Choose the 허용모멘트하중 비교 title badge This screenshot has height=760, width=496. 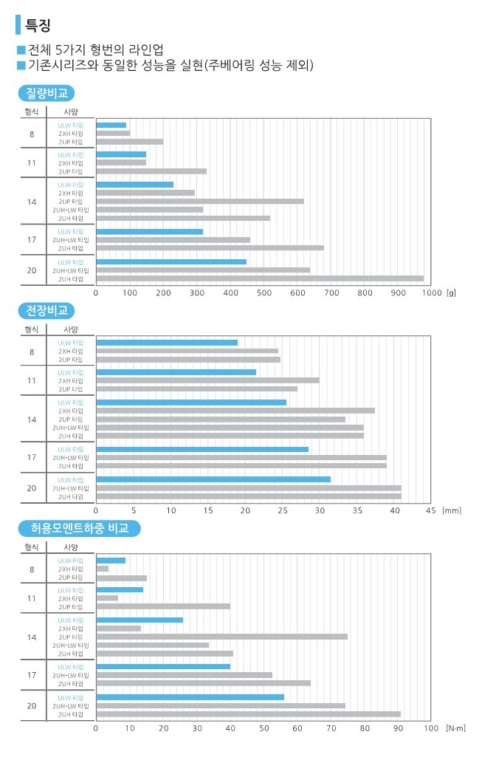coord(79,528)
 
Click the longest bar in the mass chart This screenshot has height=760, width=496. coord(260,278)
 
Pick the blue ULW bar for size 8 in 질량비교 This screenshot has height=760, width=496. coord(111,125)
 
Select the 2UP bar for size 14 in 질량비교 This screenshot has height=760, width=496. coord(199,201)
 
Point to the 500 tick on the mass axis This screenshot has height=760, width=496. coord(264,292)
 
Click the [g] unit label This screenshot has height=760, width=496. coord(451,292)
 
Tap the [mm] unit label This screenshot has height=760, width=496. coord(451,510)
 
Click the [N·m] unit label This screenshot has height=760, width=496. coord(456,728)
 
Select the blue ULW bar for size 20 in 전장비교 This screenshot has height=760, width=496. coord(213,479)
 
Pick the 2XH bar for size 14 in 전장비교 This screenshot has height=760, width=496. coord(235,411)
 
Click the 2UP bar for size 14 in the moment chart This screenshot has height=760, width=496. coord(221,637)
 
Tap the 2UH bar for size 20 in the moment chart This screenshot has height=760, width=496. coord(248,714)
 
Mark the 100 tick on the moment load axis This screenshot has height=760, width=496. coord(431,728)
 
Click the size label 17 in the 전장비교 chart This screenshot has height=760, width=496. coord(32,458)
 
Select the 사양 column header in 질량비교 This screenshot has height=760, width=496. coord(71,112)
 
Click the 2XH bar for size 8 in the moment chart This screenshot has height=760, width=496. coord(103,569)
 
